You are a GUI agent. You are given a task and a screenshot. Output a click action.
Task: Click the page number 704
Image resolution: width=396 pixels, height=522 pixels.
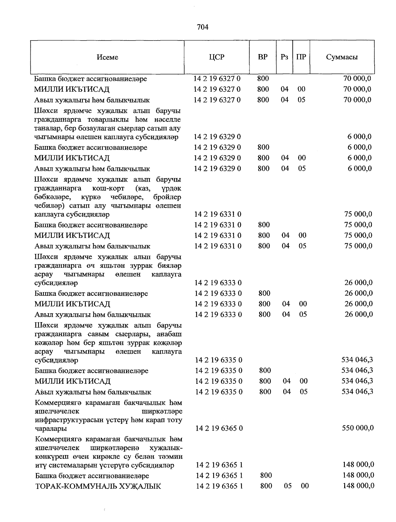coord(203,27)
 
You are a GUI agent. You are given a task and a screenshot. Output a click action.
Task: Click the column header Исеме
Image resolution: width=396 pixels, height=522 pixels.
coord(108,57)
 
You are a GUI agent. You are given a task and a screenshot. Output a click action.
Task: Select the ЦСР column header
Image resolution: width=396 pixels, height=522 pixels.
coord(216,57)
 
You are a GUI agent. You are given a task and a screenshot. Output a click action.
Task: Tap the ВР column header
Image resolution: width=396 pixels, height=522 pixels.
coord(263,57)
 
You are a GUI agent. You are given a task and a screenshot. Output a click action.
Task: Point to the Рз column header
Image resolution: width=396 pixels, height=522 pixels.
coord(284,57)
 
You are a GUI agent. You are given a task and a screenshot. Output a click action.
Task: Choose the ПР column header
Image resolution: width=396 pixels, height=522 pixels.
coord(301,57)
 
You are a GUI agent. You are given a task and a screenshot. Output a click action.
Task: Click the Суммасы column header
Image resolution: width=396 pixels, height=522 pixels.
coord(342,57)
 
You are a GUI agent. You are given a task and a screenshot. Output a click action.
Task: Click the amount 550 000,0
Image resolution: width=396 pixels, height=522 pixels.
coord(358,428)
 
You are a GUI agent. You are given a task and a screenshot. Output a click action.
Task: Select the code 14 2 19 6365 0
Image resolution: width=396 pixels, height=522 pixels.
coord(219,428)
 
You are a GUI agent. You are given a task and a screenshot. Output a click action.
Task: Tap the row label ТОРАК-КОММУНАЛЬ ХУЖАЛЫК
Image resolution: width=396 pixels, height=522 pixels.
coord(98,486)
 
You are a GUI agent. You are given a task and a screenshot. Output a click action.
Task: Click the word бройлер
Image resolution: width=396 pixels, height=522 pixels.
coord(167,197)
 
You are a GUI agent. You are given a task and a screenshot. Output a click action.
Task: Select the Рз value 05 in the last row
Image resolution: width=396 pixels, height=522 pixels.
coord(288,486)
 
